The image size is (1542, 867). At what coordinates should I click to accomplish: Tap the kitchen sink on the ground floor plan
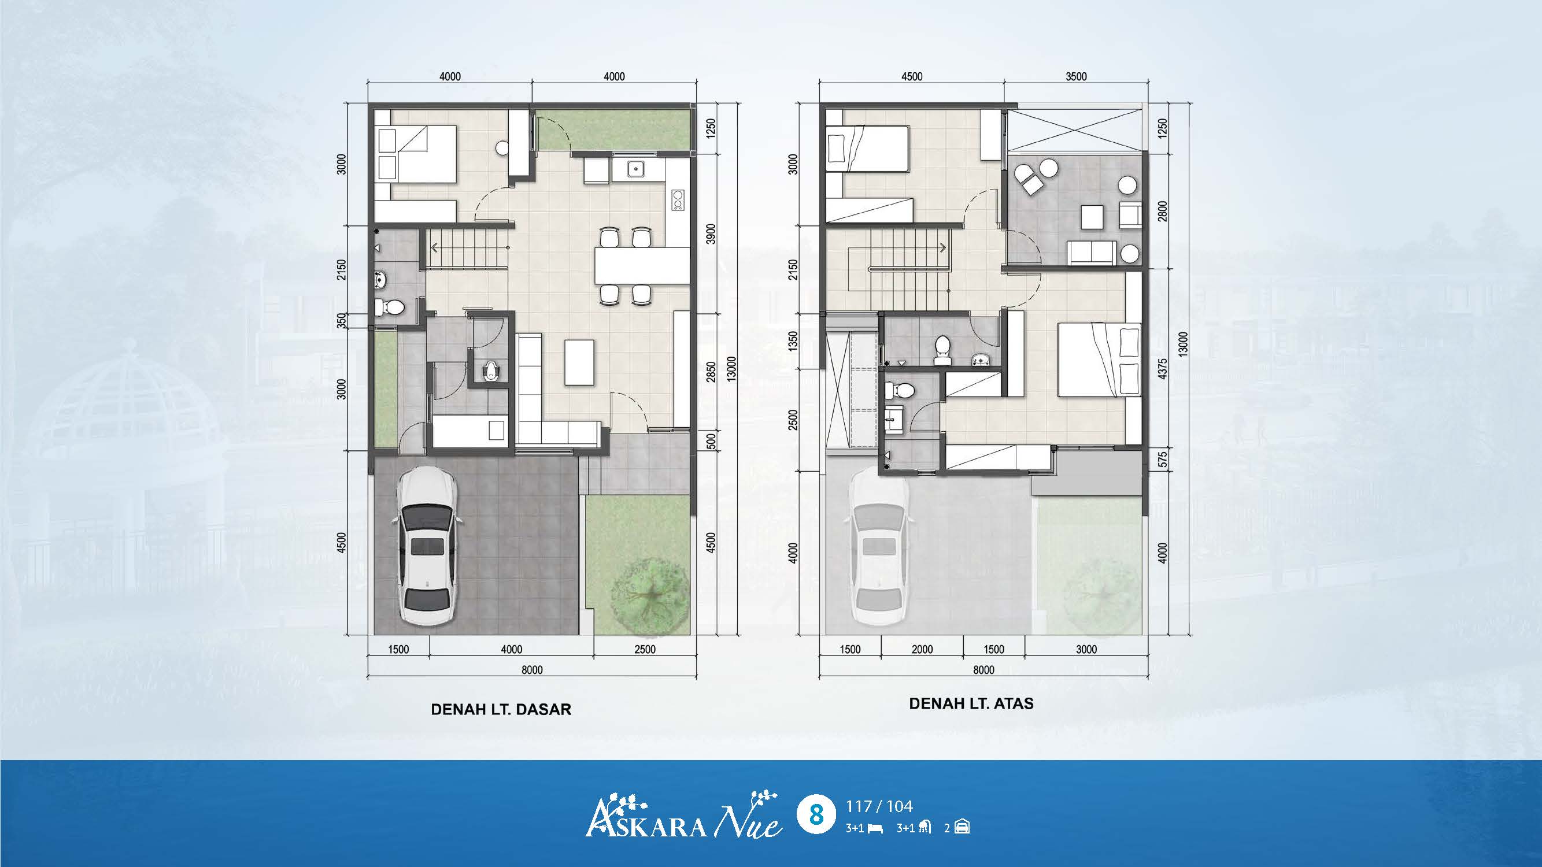(x=635, y=169)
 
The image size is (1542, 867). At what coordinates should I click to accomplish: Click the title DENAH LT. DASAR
(x=501, y=710)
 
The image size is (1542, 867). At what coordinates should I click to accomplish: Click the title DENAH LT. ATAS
(x=971, y=703)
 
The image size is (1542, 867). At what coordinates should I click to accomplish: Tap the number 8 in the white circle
(x=815, y=815)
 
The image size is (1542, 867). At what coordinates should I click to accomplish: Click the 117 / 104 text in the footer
(x=879, y=806)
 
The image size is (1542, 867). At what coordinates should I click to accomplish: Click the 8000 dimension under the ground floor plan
(x=531, y=669)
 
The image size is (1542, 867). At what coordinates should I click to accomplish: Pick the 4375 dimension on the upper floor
(x=1162, y=369)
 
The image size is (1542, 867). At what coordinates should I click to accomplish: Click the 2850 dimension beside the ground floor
(x=711, y=372)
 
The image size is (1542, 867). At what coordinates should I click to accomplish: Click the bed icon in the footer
(x=875, y=829)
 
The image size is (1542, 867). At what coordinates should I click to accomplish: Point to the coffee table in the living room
(x=579, y=362)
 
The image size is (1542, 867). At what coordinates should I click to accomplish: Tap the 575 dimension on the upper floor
(x=1162, y=459)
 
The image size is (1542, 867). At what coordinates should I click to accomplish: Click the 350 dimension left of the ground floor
(x=342, y=321)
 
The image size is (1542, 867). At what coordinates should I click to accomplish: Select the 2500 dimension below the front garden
(x=645, y=649)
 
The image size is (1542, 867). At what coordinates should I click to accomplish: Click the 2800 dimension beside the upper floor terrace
(x=1162, y=211)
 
